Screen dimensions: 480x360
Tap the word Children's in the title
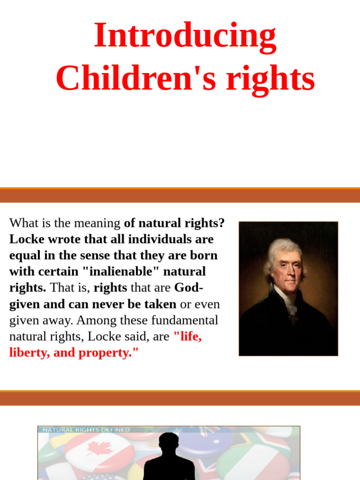(x=136, y=79)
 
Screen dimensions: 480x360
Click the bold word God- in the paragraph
(x=188, y=288)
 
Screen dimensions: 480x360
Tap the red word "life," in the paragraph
(x=187, y=337)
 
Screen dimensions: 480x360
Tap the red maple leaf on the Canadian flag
(x=99, y=449)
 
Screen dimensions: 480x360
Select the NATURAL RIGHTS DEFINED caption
(x=86, y=429)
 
